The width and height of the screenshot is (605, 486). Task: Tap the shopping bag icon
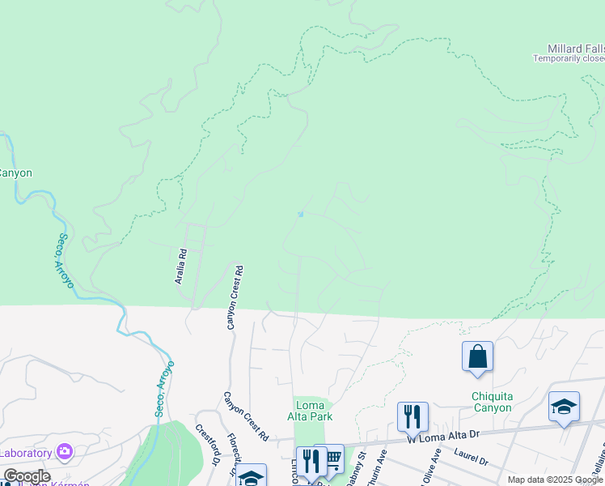(x=477, y=356)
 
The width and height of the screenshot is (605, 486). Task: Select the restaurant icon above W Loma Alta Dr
(x=412, y=417)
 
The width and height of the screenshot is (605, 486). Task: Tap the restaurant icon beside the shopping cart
(x=311, y=462)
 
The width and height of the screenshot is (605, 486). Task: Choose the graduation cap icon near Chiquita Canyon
(x=564, y=407)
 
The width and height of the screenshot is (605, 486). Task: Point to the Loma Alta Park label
(x=310, y=411)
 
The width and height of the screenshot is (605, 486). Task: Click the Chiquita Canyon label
(x=492, y=402)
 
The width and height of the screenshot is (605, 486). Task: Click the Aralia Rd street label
(x=182, y=266)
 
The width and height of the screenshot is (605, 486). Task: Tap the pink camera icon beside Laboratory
(x=66, y=452)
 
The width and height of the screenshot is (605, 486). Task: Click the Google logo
(x=26, y=476)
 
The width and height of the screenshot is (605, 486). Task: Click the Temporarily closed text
(x=569, y=58)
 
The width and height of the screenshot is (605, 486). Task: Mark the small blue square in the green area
(x=301, y=215)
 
